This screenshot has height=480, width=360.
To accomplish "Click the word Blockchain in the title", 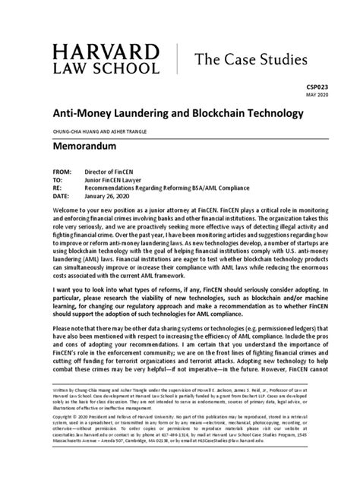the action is tap(207, 113).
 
